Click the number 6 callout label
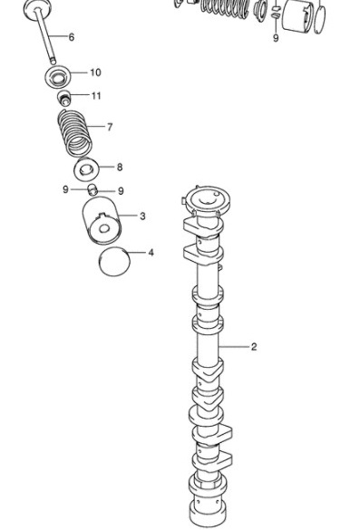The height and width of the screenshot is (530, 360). point(71,37)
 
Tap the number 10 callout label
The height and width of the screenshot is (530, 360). point(96,72)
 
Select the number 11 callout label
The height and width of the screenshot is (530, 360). point(96,96)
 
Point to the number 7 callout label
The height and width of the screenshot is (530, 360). point(110,127)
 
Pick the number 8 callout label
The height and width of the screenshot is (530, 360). point(120,167)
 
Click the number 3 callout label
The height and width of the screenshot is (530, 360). point(142,216)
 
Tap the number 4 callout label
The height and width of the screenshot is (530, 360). point(151,253)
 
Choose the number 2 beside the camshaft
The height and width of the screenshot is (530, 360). point(254,347)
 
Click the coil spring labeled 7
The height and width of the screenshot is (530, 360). point(74,133)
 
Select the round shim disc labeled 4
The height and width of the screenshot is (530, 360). point(114,262)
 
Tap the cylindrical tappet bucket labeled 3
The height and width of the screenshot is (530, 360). point(102,221)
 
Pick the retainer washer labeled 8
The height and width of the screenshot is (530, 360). point(87,169)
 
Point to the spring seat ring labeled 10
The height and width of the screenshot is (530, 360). point(57,76)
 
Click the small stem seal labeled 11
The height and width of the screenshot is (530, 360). point(63,98)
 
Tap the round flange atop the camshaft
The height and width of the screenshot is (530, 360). point(207,201)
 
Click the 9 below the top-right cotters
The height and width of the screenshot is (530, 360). point(276,38)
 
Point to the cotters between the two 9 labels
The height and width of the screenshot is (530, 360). point(92,189)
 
